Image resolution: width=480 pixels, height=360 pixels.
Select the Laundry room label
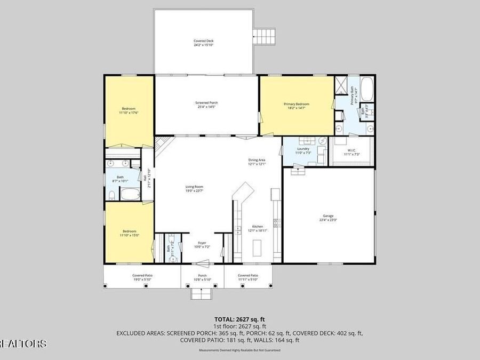(302, 151)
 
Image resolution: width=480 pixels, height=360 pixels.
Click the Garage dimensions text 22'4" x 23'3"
(327, 219)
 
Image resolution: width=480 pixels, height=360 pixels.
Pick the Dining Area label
(257, 162)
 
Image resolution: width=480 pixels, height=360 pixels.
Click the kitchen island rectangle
(257, 248)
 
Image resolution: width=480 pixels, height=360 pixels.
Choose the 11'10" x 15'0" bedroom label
(129, 233)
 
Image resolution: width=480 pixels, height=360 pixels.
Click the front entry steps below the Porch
(202, 293)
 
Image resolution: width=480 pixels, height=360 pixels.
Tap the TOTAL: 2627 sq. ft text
(239, 318)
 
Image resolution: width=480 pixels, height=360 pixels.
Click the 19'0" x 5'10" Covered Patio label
(142, 277)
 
